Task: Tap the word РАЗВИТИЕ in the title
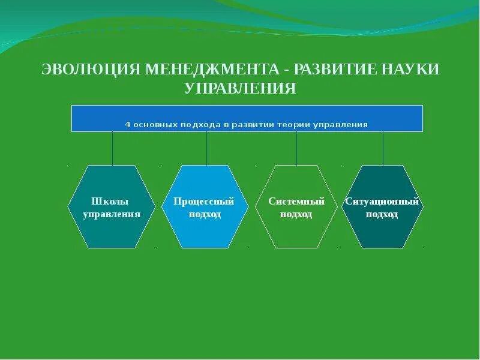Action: [x=333, y=70]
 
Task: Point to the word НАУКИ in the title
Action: [x=409, y=70]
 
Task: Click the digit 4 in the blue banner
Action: [x=128, y=125]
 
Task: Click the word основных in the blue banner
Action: [x=158, y=125]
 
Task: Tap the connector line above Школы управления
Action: [x=112, y=148]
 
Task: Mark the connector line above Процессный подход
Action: [x=207, y=148]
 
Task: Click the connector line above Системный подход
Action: [x=296, y=148]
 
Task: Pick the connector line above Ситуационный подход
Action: [x=383, y=148]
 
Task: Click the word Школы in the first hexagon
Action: [x=112, y=202]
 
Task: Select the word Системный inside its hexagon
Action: [x=296, y=202]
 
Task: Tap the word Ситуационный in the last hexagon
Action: [x=382, y=202]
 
